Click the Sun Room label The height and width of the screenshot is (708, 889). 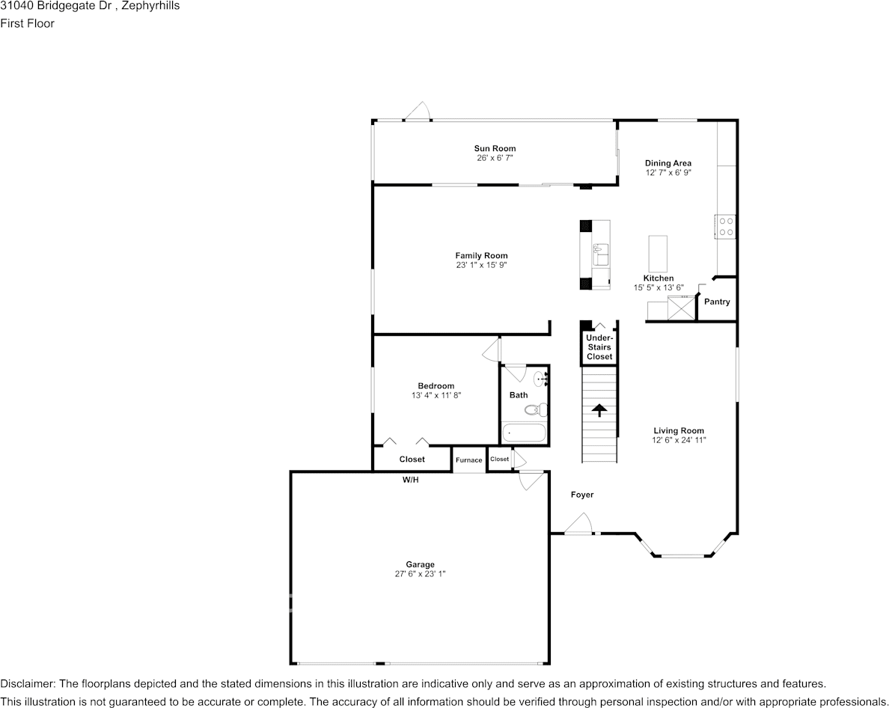(x=495, y=148)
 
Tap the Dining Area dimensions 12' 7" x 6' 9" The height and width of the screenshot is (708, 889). (x=667, y=172)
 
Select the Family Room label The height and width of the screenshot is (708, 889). (x=481, y=256)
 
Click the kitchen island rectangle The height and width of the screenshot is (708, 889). (x=658, y=254)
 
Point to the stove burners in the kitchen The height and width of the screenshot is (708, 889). (x=726, y=226)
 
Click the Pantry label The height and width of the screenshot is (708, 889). (x=717, y=302)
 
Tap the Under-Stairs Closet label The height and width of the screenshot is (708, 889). (x=599, y=347)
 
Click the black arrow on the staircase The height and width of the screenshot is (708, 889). (x=599, y=410)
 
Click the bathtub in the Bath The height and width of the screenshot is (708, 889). (x=524, y=433)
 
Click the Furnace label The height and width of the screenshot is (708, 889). (x=469, y=460)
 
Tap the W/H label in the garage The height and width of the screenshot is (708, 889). (x=410, y=480)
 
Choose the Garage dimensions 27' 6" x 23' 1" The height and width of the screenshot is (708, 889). (x=420, y=574)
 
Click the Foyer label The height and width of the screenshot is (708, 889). (x=581, y=495)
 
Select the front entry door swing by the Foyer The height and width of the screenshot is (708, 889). (x=579, y=525)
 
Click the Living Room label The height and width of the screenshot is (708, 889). (x=678, y=430)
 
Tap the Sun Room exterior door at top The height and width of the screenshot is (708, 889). (x=417, y=112)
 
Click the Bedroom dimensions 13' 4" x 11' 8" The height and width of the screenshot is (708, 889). (x=436, y=395)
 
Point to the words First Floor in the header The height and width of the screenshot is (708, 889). (x=27, y=23)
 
